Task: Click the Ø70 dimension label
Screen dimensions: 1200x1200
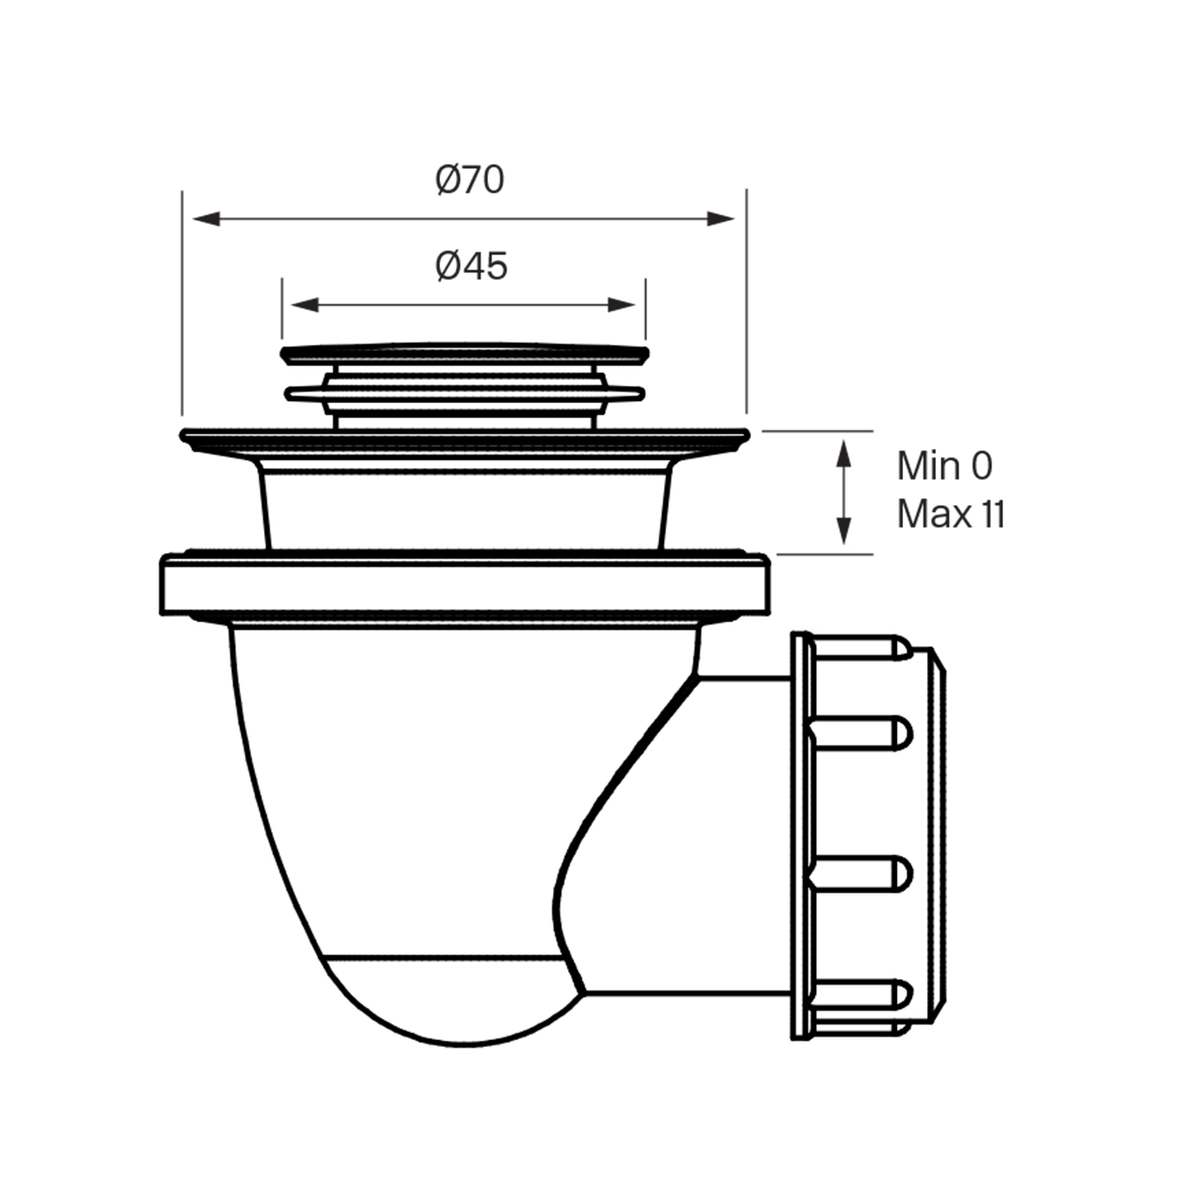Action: tap(470, 180)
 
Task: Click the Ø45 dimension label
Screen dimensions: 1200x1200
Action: tap(471, 266)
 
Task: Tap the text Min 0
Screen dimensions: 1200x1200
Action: tap(944, 466)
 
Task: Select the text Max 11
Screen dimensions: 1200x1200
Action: tap(950, 514)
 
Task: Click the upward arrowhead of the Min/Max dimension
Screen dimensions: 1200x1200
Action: tap(843, 453)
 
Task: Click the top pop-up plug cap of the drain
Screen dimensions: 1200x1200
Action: tap(464, 351)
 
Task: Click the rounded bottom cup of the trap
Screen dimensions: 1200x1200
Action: tap(448, 1000)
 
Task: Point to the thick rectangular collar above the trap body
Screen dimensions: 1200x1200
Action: tap(464, 588)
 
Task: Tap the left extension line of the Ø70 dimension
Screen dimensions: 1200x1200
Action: tap(182, 304)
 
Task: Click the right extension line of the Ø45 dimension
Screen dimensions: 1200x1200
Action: tap(646, 309)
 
